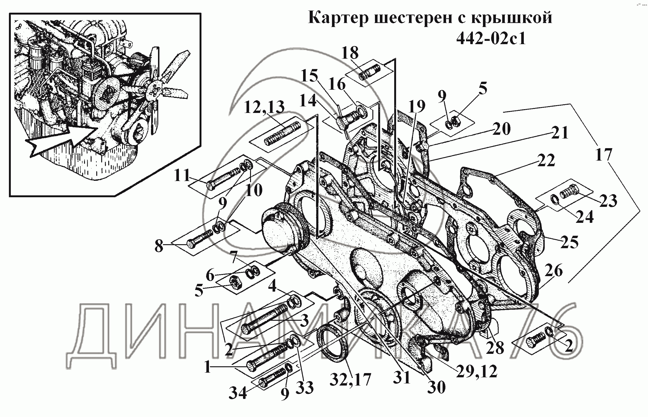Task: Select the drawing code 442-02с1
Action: coord(491,39)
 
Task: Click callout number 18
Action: coord(350,53)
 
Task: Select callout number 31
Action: coord(402,377)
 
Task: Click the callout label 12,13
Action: coord(264,107)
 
